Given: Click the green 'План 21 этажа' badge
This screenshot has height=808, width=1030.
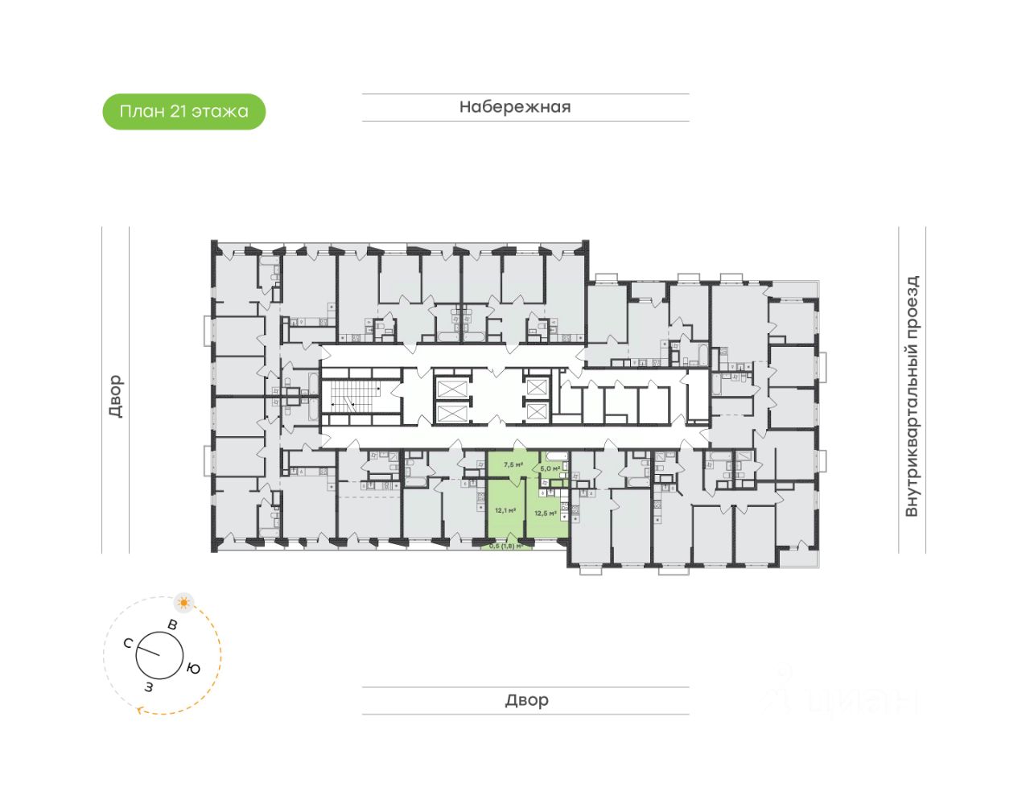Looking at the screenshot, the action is [183, 111].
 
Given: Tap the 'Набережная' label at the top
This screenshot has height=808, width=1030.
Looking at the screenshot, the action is [515, 107].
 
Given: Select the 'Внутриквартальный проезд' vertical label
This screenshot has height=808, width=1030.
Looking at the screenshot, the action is [912, 396].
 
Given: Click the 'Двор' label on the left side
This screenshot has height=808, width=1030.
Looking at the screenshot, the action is [115, 396].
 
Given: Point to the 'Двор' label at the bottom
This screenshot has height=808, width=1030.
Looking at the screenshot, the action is [526, 700].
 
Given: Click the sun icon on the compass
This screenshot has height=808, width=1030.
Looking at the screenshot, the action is [185, 602].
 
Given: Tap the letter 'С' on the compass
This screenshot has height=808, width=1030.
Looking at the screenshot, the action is [128, 642].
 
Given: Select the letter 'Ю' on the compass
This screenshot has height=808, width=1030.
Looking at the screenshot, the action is [193, 669].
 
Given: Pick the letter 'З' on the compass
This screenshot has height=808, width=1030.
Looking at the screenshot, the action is [149, 686].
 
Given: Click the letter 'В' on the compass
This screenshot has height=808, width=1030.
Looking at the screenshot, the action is [171, 625].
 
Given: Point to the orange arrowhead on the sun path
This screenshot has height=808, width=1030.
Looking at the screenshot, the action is [141, 710].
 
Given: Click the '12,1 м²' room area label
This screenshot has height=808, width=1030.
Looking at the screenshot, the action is [505, 509].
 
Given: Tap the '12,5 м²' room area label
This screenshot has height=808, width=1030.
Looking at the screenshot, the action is [545, 513].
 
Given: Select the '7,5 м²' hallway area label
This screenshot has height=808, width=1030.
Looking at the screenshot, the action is [513, 465].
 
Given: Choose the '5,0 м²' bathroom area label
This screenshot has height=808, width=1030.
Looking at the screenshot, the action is [550, 468].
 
